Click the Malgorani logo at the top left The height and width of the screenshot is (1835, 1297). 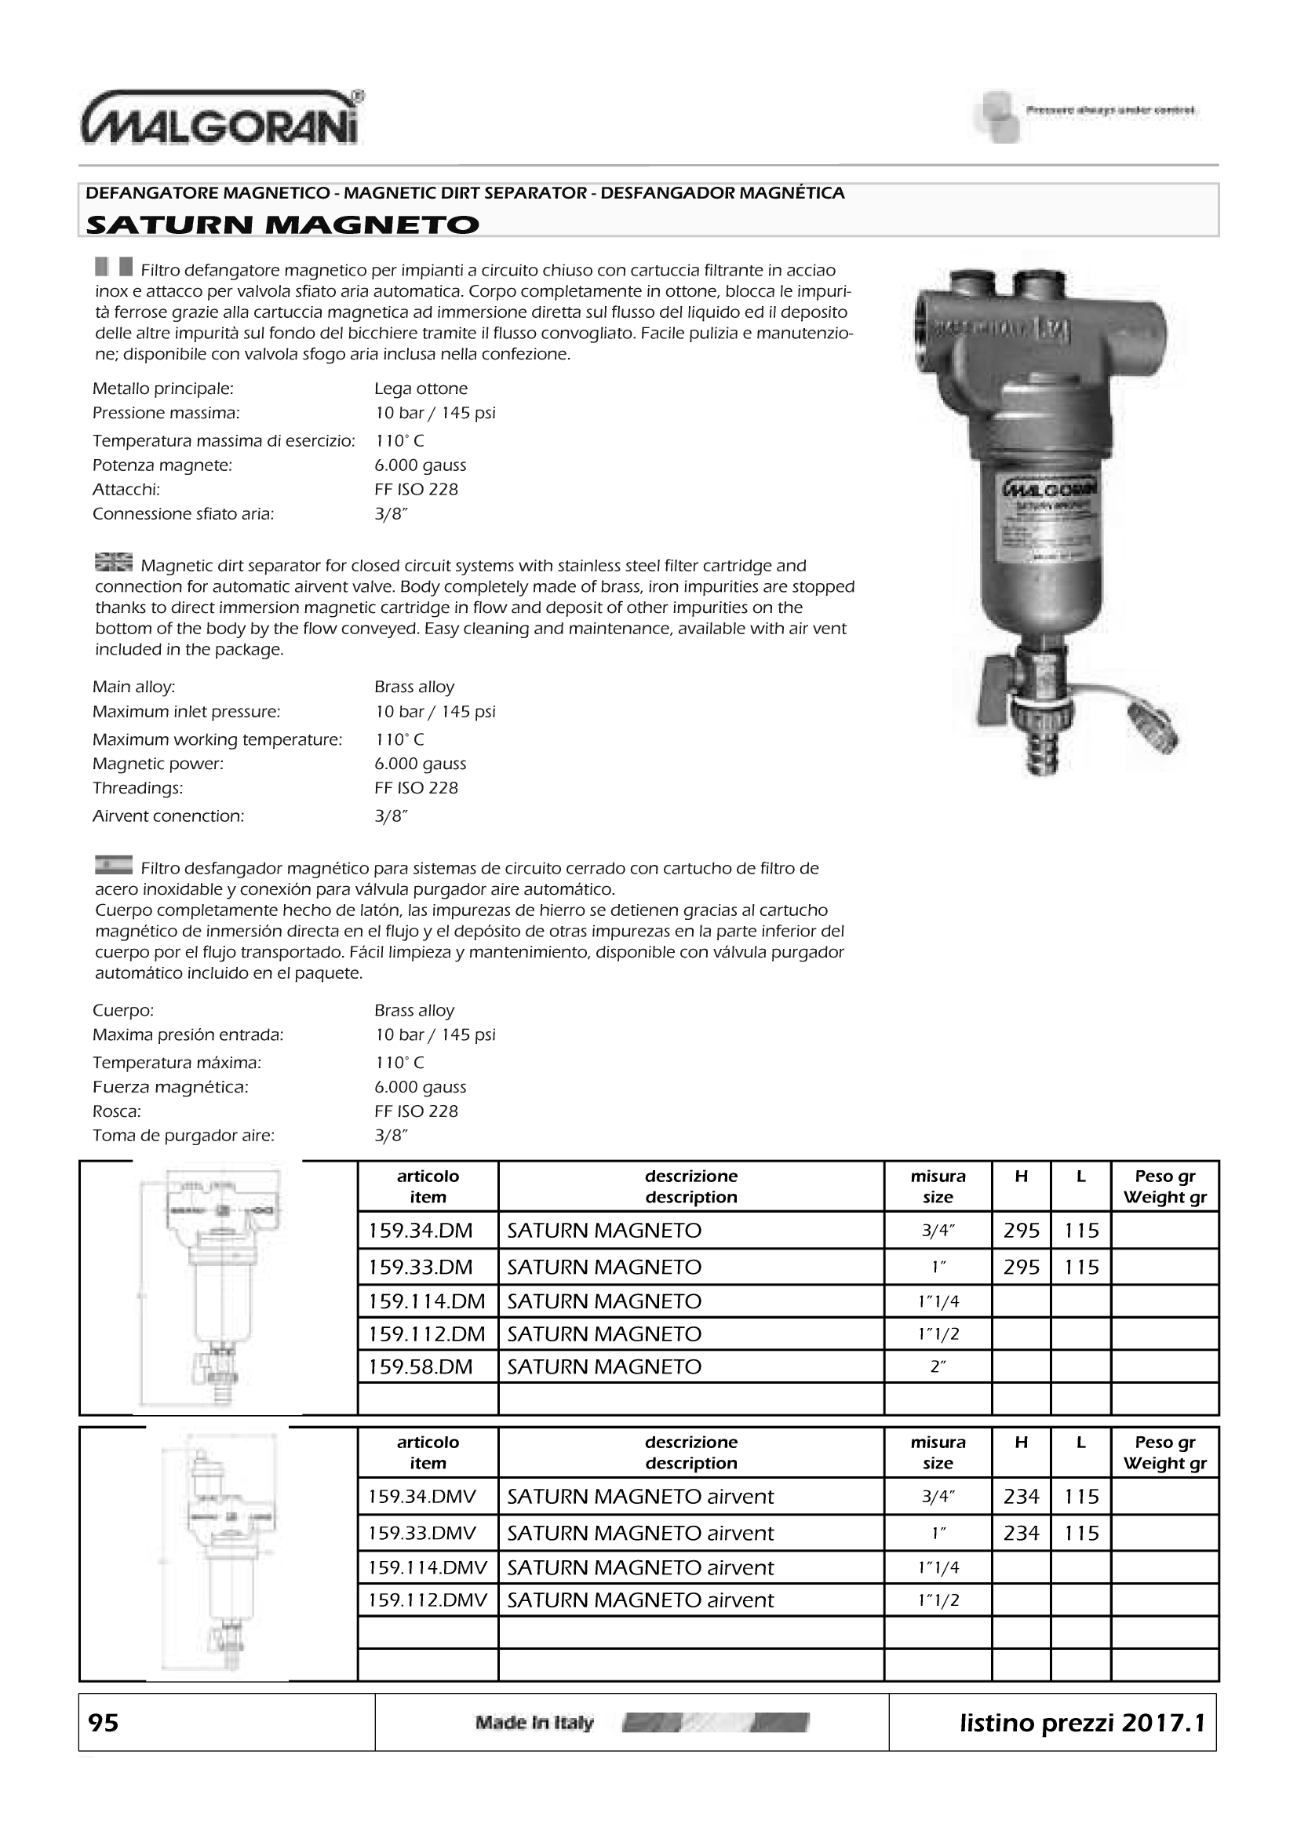point(222,119)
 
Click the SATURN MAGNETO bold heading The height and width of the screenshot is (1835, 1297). point(282,224)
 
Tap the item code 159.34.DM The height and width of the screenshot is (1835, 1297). point(421,1231)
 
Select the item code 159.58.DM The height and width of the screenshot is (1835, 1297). point(421,1366)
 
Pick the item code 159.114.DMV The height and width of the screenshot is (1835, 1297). point(428,1567)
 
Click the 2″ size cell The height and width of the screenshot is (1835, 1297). point(938,1366)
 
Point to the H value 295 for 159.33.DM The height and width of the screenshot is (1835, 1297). point(1022,1267)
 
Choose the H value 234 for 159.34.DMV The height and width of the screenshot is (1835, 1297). point(1022,1496)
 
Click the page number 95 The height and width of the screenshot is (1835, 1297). point(103,1722)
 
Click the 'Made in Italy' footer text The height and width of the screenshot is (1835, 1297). point(534,1722)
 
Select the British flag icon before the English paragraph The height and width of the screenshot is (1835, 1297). point(113,563)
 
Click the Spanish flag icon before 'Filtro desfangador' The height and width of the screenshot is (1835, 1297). point(113,866)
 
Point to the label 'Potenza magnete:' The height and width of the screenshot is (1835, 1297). point(162,465)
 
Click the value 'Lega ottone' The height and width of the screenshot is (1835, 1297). point(421,389)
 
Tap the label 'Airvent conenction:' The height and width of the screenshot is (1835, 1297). point(168,816)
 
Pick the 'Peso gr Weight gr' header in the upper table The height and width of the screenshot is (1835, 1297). point(1164,1187)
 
